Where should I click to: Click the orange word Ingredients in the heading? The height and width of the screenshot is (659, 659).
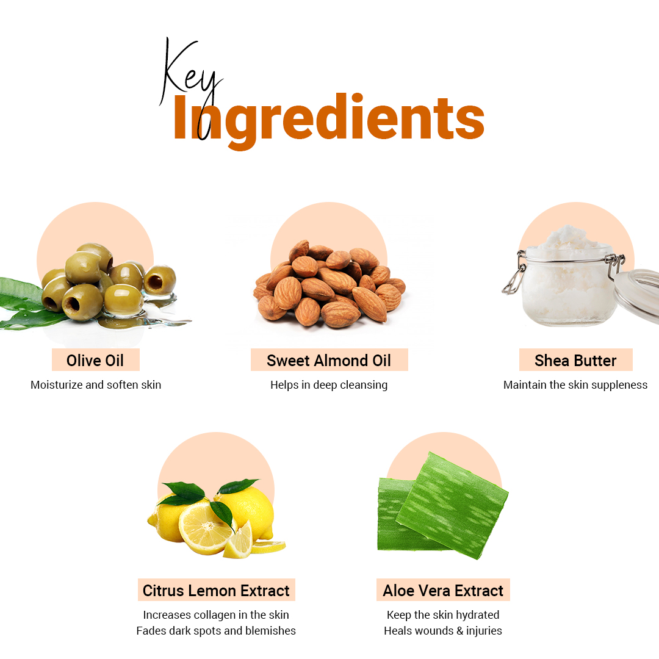pyautogui.click(x=329, y=119)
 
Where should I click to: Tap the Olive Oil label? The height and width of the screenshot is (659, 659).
pyautogui.click(x=95, y=360)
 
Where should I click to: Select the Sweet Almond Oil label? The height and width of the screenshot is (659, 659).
pyautogui.click(x=329, y=360)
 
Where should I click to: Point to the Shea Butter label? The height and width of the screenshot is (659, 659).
pyautogui.click(x=575, y=360)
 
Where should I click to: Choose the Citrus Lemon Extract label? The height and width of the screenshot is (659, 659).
pyautogui.click(x=216, y=590)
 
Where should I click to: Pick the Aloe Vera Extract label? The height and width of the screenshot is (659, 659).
pyautogui.click(x=443, y=590)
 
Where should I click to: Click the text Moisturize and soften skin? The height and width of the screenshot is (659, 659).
pyautogui.click(x=96, y=385)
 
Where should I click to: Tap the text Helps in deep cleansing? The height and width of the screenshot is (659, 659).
pyautogui.click(x=329, y=385)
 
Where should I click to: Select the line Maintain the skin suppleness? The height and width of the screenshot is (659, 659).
pyautogui.click(x=575, y=385)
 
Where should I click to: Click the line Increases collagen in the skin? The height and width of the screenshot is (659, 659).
pyautogui.click(x=216, y=615)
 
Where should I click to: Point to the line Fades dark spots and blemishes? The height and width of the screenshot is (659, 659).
pyautogui.click(x=216, y=631)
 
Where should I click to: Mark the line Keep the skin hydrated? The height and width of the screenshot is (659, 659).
pyautogui.click(x=443, y=615)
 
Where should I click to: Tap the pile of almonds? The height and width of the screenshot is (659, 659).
pyautogui.click(x=329, y=284)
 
